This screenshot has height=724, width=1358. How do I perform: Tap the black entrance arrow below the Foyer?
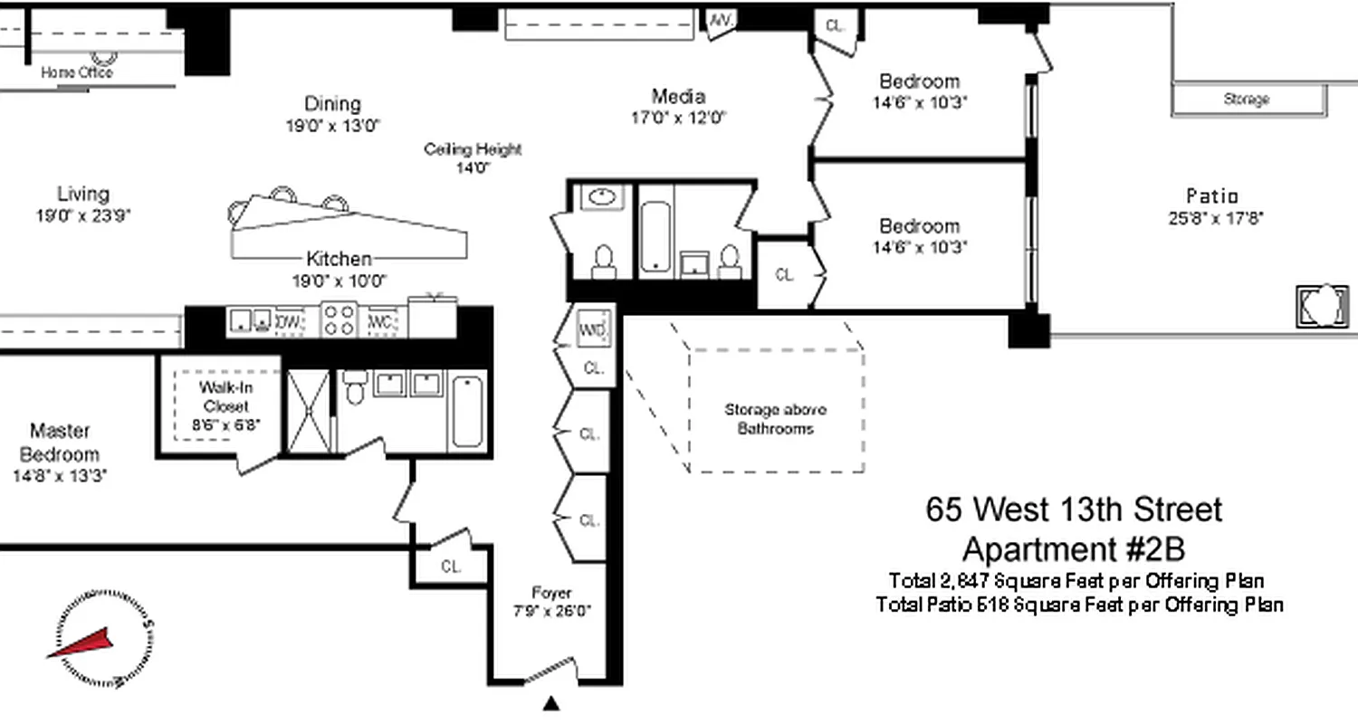[550, 704]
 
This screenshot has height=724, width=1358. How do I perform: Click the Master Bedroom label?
[60, 442]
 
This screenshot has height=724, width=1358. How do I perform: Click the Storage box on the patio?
[1248, 100]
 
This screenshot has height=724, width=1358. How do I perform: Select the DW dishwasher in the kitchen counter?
[289, 321]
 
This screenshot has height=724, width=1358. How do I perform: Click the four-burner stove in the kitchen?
[339, 320]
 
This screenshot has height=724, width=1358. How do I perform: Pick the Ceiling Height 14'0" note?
[473, 158]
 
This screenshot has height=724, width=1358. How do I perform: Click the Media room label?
[678, 96]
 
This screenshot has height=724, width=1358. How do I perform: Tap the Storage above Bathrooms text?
[775, 419]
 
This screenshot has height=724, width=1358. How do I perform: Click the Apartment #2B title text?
[1073, 548]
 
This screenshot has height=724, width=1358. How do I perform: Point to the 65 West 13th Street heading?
[1073, 510]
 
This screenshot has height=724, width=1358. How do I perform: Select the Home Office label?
[77, 72]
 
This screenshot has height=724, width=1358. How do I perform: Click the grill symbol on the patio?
[1322, 306]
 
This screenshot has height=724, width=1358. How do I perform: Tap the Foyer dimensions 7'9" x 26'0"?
[551, 611]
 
